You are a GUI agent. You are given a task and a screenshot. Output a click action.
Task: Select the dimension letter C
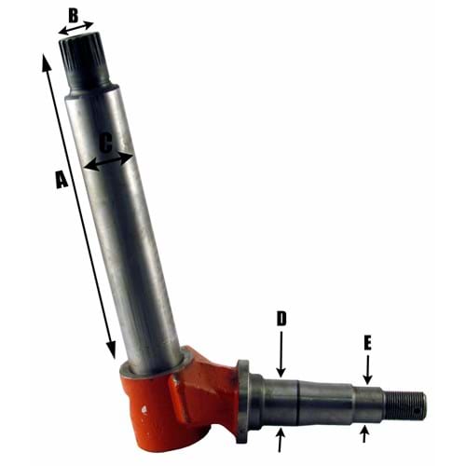coord(105,144)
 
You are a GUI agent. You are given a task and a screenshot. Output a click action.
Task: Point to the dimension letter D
coord(281,319)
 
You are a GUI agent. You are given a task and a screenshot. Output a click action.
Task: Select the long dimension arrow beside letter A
coord(78,205)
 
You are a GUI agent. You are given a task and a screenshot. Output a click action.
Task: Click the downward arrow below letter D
coord(281,354)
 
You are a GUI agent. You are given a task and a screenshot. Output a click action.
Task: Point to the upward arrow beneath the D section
coord(280,438)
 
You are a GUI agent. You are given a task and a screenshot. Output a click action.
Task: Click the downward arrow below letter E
coord(368,368)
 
